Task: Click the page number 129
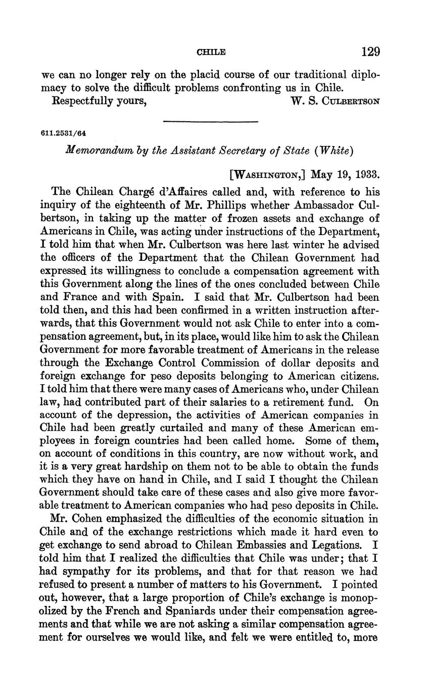coord(370,52)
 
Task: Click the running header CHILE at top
coord(211,52)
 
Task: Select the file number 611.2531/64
coord(63,133)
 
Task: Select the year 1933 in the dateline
coord(366,175)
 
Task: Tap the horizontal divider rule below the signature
coord(211,121)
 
